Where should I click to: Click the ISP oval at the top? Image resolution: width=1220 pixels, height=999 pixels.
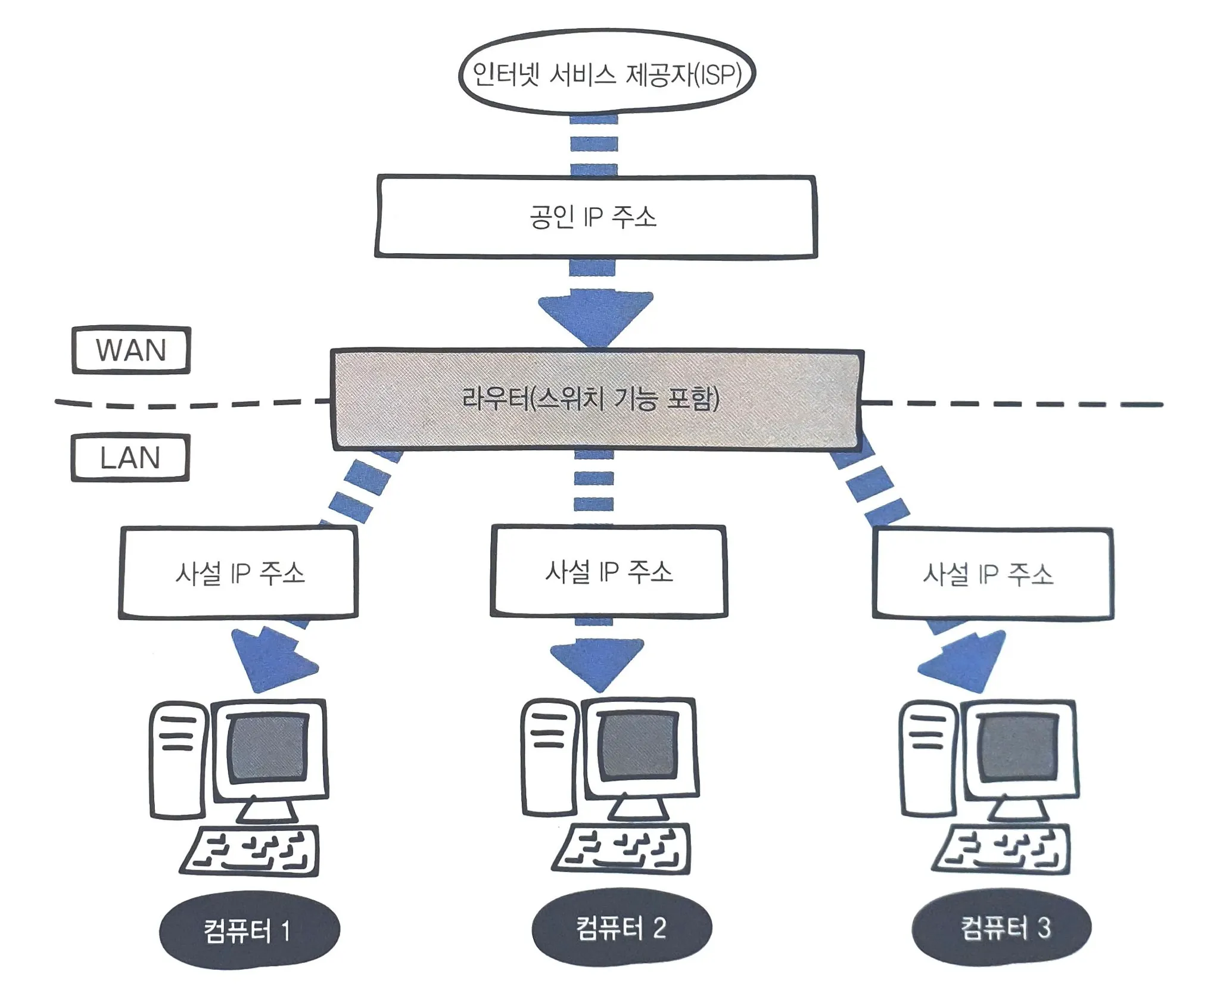click(x=606, y=73)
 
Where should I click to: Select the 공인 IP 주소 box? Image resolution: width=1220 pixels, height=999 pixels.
click(x=596, y=217)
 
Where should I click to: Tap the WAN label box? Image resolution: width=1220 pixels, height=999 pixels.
click(x=131, y=350)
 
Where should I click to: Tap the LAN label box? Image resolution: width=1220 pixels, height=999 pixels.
click(x=130, y=458)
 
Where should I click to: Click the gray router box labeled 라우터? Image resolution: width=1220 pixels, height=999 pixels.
click(x=596, y=399)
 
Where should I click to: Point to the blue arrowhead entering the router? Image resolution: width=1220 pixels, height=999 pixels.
click(x=596, y=316)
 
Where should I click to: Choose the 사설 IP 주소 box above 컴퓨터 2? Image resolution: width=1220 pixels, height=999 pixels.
click(x=609, y=571)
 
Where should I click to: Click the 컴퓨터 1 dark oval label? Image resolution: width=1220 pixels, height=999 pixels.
click(x=249, y=930)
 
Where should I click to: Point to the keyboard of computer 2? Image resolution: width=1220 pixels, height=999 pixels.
click(x=621, y=849)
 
